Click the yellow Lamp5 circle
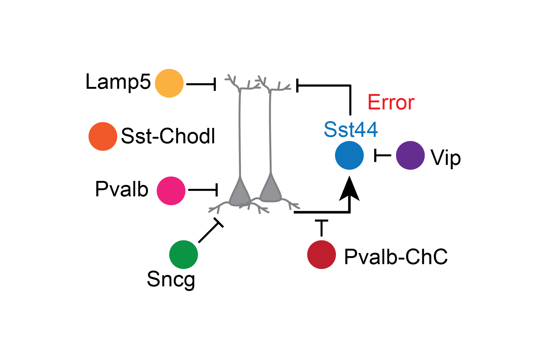click(169, 83)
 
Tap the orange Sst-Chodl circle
click(103, 137)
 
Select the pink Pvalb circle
click(171, 191)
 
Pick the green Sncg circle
click(183, 255)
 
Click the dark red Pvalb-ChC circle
click(321, 255)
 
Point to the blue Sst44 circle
click(349, 155)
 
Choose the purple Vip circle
click(410, 155)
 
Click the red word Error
click(391, 102)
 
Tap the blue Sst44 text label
click(351, 129)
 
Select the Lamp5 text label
click(118, 82)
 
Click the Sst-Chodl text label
click(168, 136)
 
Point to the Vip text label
click(446, 158)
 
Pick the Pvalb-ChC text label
click(396, 256)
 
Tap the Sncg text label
click(171, 279)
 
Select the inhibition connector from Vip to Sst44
click(382, 155)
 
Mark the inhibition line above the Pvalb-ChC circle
click(321, 228)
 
